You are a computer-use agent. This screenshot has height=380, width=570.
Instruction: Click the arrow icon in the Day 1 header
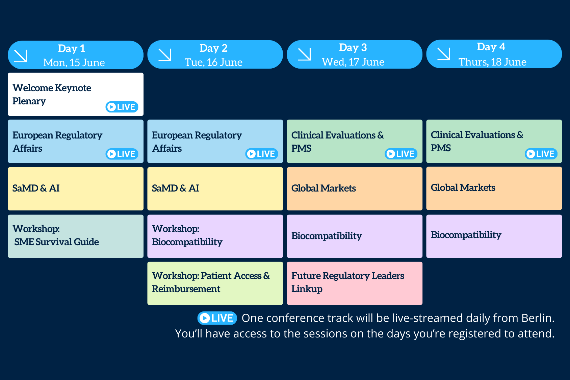21,56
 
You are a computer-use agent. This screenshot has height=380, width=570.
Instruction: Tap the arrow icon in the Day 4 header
444,54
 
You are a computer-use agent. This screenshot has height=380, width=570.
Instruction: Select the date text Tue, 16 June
213,62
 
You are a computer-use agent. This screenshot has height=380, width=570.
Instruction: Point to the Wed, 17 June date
353,62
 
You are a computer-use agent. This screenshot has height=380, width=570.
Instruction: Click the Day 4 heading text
491,47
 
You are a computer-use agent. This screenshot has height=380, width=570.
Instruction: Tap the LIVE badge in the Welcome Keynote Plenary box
122,107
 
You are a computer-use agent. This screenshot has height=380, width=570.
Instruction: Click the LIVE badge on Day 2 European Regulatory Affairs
261,154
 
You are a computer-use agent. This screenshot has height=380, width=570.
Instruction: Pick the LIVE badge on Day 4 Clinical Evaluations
541,154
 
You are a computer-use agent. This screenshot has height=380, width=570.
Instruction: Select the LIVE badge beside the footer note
217,318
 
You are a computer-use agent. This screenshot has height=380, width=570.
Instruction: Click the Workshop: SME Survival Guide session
76,236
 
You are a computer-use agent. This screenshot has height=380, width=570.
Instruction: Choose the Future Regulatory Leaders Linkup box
355,283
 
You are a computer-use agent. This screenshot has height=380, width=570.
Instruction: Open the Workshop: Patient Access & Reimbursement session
215,283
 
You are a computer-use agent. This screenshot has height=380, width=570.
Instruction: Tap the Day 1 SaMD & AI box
76,189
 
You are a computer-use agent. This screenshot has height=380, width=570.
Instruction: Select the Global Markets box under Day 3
355,189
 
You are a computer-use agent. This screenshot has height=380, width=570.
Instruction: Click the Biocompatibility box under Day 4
494,236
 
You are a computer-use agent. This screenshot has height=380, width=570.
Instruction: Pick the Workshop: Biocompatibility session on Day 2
215,236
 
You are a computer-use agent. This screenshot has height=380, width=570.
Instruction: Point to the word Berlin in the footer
537,318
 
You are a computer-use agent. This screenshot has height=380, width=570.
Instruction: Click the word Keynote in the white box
73,88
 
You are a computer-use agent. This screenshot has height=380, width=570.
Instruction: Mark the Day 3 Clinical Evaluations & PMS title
337,142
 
